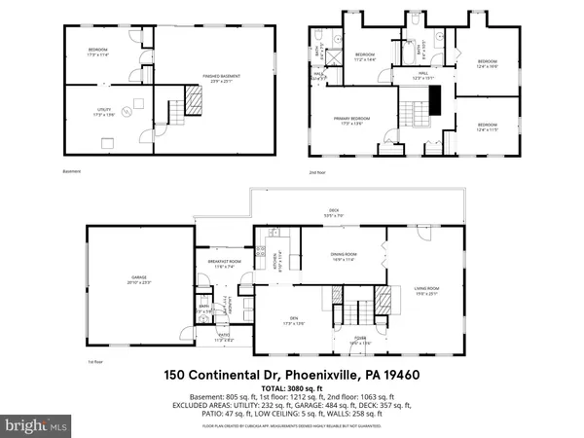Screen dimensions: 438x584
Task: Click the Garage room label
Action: [x=131, y=279]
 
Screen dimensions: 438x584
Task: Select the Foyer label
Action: [x=359, y=342]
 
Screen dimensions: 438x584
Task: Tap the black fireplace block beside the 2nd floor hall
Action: [x=436, y=99]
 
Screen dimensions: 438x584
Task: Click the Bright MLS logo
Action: [x=36, y=425]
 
